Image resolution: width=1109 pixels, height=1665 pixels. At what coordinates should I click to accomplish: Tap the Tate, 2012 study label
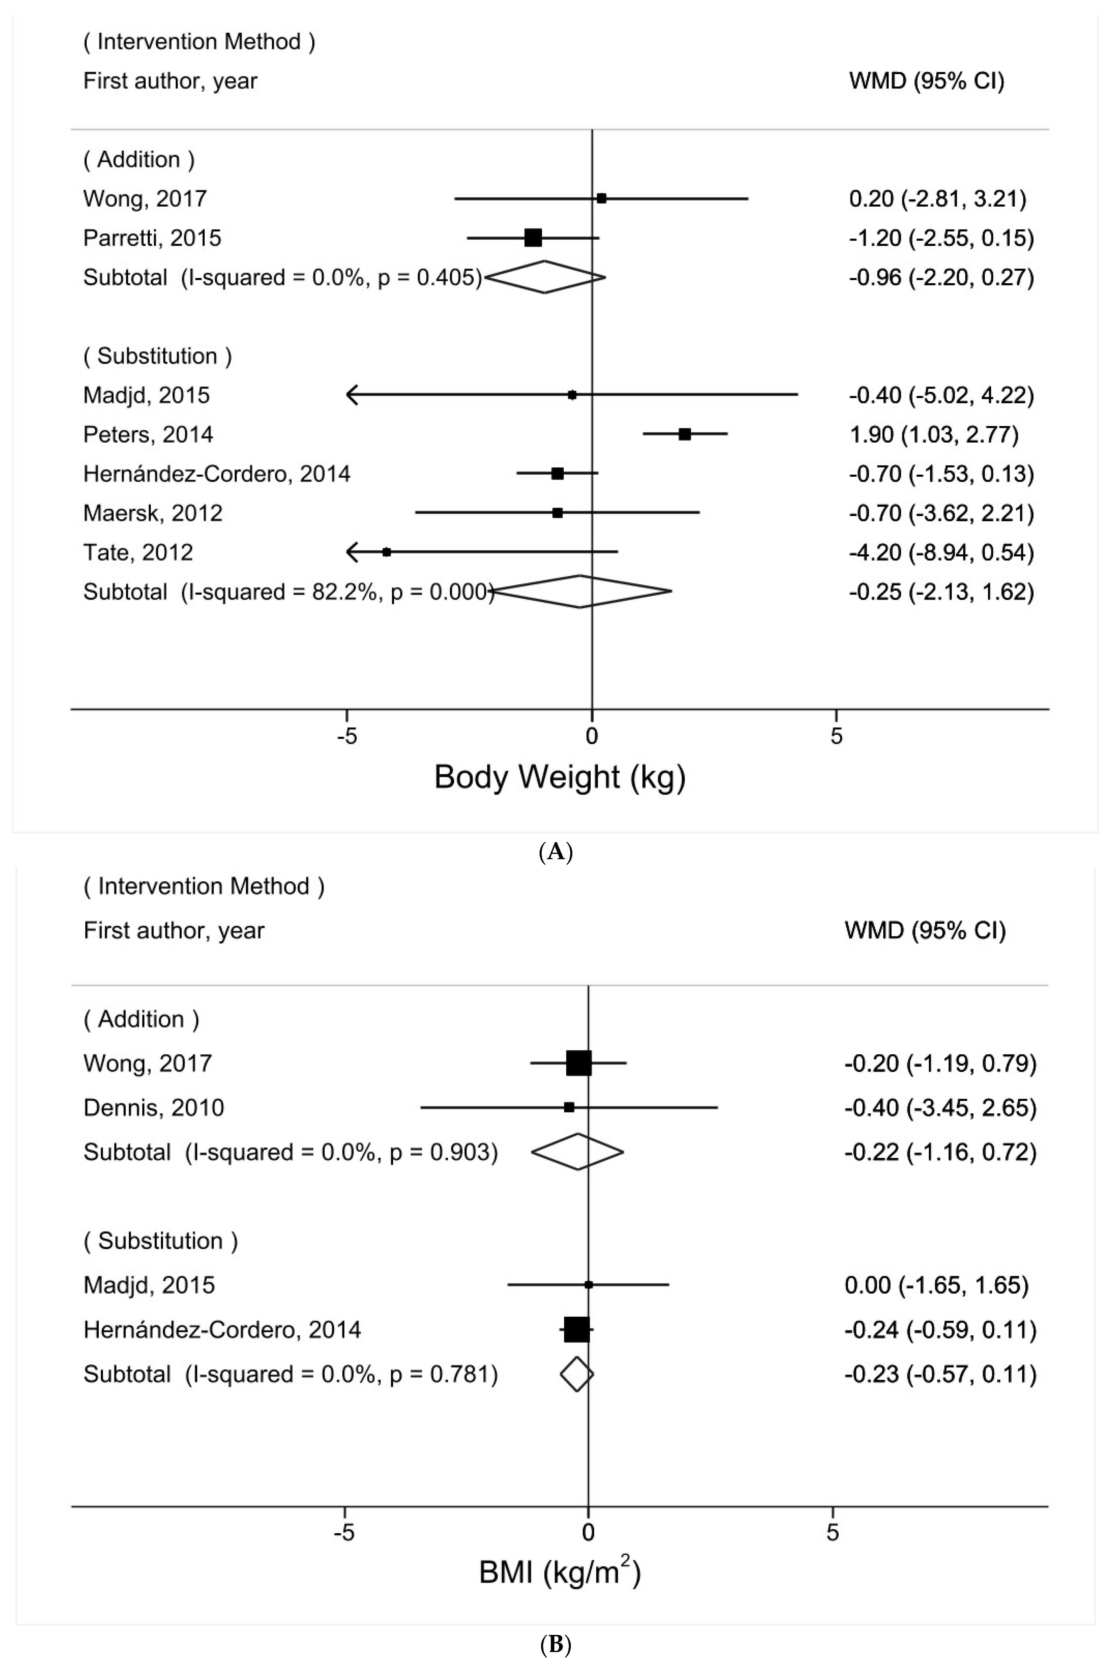click(138, 552)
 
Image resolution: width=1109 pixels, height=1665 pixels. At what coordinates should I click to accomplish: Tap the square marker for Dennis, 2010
click(569, 1107)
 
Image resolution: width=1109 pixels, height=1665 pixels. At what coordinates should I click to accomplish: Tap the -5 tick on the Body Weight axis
click(346, 736)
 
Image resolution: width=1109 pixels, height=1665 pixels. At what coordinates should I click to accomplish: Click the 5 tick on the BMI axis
click(832, 1532)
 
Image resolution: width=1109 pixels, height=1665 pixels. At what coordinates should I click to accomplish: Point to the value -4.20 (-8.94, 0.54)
click(941, 552)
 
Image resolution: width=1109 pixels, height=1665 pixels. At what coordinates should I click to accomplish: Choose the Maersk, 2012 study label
click(153, 512)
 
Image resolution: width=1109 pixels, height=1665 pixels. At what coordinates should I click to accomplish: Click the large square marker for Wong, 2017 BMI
click(579, 1063)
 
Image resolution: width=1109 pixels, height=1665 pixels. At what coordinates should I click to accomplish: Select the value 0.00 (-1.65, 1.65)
click(936, 1285)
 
